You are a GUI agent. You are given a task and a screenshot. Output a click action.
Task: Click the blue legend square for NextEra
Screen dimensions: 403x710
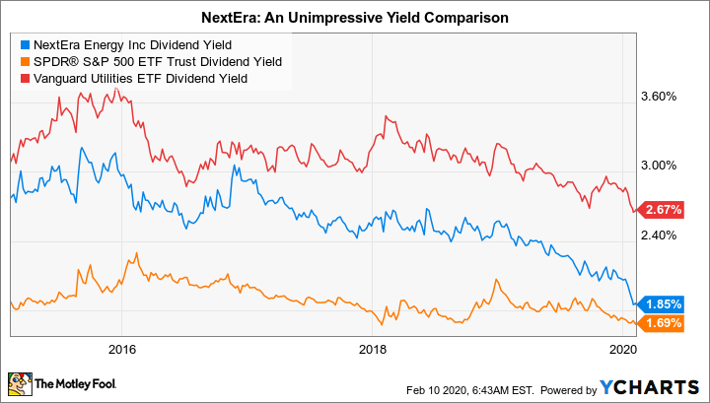pyautogui.click(x=25, y=43)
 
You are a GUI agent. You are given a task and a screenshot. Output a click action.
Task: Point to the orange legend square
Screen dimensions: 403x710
pyautogui.click(x=25, y=61)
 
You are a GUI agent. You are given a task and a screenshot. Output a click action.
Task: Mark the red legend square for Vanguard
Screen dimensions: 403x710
pyautogui.click(x=25, y=79)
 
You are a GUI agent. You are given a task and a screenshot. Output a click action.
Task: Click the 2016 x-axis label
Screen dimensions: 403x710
pyautogui.click(x=121, y=349)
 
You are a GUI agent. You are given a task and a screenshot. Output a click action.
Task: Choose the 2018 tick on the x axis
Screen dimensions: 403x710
pyautogui.click(x=373, y=349)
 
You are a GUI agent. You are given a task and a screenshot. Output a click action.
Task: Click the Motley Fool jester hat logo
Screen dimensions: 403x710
pyautogui.click(x=20, y=382)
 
